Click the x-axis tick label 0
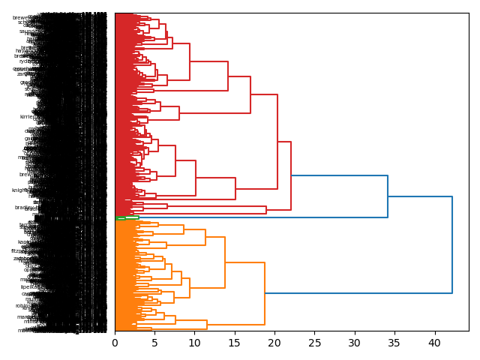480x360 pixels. click(x=115, y=343)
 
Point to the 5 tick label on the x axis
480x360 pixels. click(x=154, y=343)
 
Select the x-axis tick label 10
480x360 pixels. click(x=194, y=343)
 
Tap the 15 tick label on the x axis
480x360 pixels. click(x=234, y=343)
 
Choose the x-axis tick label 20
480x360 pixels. click(x=274, y=343)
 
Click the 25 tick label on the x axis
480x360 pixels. click(x=314, y=343)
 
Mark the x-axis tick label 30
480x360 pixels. click(x=354, y=343)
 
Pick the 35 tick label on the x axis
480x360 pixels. click(x=394, y=343)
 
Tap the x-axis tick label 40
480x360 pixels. click(x=434, y=343)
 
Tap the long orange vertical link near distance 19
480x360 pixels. click(x=265, y=293)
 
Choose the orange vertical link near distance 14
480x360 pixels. click(x=225, y=262)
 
